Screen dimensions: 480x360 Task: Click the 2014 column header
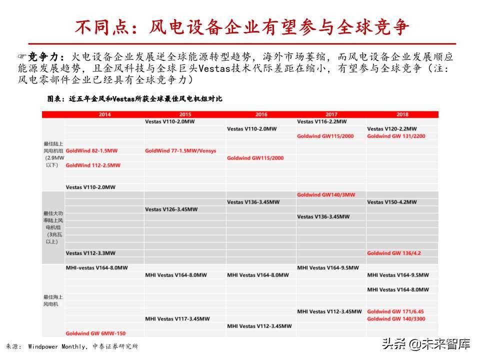click(x=104, y=114)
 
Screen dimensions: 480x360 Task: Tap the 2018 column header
click(x=402, y=114)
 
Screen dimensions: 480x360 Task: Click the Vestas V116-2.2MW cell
click(x=321, y=121)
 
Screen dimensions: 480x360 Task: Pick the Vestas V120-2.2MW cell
click(x=392, y=129)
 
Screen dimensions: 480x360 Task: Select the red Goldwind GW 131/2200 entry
click(x=396, y=136)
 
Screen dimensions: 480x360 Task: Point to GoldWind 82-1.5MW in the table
click(x=91, y=150)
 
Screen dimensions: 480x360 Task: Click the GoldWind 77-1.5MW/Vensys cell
click(x=180, y=150)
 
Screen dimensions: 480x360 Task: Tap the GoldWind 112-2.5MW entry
click(x=93, y=165)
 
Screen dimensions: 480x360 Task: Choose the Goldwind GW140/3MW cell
click(x=325, y=194)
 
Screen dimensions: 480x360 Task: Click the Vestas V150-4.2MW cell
click(x=392, y=202)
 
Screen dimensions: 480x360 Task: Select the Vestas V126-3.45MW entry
click(x=172, y=209)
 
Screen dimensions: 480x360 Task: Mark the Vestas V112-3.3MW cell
click(x=90, y=253)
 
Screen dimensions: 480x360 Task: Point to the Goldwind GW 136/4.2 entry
click(x=394, y=253)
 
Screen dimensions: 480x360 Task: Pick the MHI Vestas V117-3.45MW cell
click(x=177, y=318)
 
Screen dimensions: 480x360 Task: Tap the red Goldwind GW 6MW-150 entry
click(x=95, y=333)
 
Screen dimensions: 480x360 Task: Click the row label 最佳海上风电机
click(x=53, y=300)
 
